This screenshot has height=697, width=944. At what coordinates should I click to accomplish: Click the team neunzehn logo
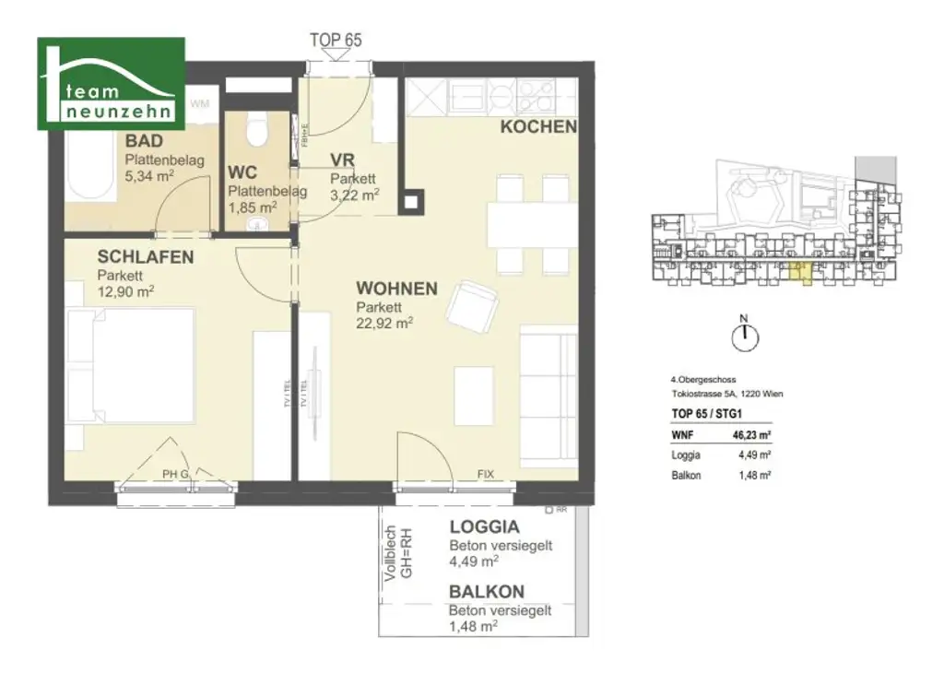[x=111, y=83]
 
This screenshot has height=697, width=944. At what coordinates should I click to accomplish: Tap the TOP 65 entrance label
[x=336, y=41]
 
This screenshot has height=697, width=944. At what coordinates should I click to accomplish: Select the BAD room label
[x=144, y=141]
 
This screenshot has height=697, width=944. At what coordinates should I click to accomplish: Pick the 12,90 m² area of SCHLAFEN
[x=125, y=291]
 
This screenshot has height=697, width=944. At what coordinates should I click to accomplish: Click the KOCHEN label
[x=538, y=127]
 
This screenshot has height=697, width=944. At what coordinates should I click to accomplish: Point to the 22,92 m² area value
[x=384, y=324]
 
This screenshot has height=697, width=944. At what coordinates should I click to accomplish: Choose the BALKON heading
[x=487, y=592]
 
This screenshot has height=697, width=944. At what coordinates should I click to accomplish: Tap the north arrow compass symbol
[x=743, y=338]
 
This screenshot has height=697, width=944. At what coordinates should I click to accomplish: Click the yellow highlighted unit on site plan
[x=802, y=274]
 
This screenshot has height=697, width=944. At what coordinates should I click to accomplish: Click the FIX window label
[x=485, y=475]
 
